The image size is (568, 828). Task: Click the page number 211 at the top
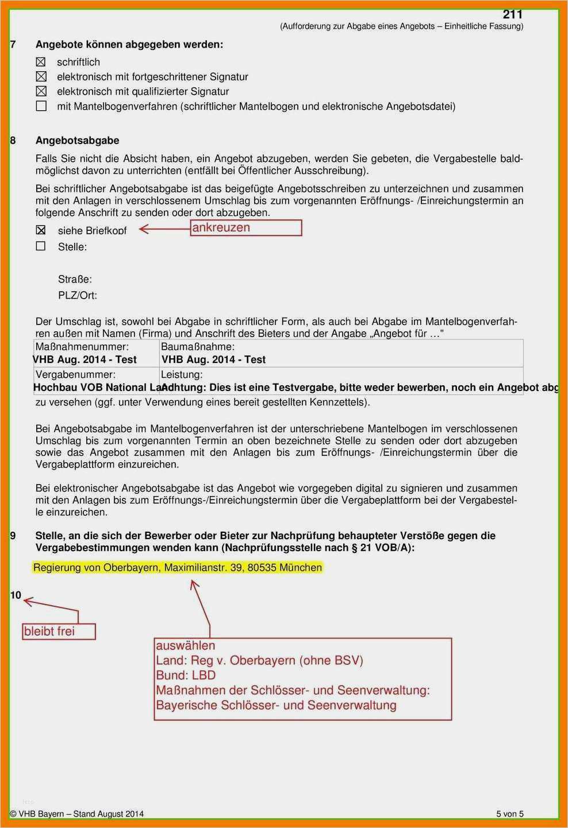pos(512,14)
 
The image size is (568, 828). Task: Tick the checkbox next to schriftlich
pos(41,62)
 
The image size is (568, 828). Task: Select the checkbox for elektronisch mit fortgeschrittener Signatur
pos(41,76)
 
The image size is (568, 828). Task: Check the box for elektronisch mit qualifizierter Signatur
pos(41,91)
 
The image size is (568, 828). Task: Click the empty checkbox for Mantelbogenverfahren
pos(41,106)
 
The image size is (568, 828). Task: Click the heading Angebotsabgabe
pos(77,141)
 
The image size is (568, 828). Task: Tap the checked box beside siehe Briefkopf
pos(41,230)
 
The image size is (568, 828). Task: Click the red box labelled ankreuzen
pos(246,227)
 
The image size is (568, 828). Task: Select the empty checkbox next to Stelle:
pos(41,246)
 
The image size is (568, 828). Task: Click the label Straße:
pos(75,280)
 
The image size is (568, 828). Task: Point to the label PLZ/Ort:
pos(78,296)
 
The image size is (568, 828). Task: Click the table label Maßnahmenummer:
pos(82,347)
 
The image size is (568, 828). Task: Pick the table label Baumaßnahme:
pos(198,347)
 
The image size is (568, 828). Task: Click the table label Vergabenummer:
pos(75,374)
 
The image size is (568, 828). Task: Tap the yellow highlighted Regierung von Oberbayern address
pos(178,568)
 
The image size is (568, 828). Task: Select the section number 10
pos(16,595)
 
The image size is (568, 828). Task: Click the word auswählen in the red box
pos(185,645)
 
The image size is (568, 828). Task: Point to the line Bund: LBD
pos(186,675)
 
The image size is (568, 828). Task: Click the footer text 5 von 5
pos(510,814)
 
